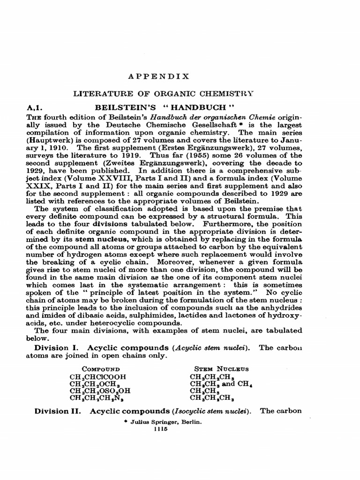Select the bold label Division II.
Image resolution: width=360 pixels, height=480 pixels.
click(x=59, y=411)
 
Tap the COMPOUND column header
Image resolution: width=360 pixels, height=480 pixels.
click(x=101, y=368)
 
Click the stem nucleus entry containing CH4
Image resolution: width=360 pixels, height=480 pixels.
click(x=222, y=383)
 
